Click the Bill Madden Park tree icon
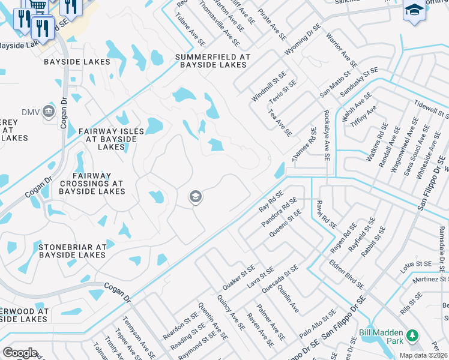[412, 335]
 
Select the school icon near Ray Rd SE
[195, 197]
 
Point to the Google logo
[20, 353]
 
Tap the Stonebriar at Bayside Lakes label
[72, 251]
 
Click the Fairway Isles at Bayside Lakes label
[111, 139]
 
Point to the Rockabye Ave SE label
[327, 136]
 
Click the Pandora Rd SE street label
[279, 213]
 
